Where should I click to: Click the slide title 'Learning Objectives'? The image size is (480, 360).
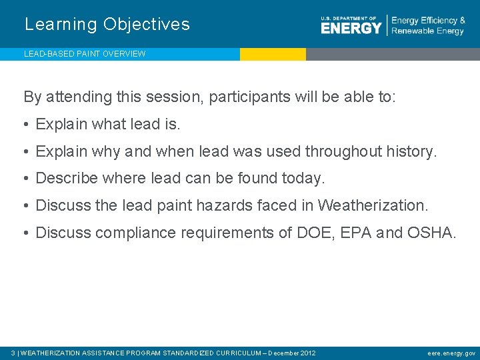pos(107,25)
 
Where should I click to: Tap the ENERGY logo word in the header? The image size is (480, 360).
pos(351,27)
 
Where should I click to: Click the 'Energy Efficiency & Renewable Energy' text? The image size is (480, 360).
pos(428,26)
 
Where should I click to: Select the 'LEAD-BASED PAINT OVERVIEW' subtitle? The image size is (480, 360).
pos(84,54)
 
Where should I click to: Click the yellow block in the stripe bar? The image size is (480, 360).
pos(273,54)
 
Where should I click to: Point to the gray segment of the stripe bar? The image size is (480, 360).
pos(393,54)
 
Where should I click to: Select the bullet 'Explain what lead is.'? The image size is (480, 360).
pos(108,124)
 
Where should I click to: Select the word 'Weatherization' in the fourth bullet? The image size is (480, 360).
pos(371,206)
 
